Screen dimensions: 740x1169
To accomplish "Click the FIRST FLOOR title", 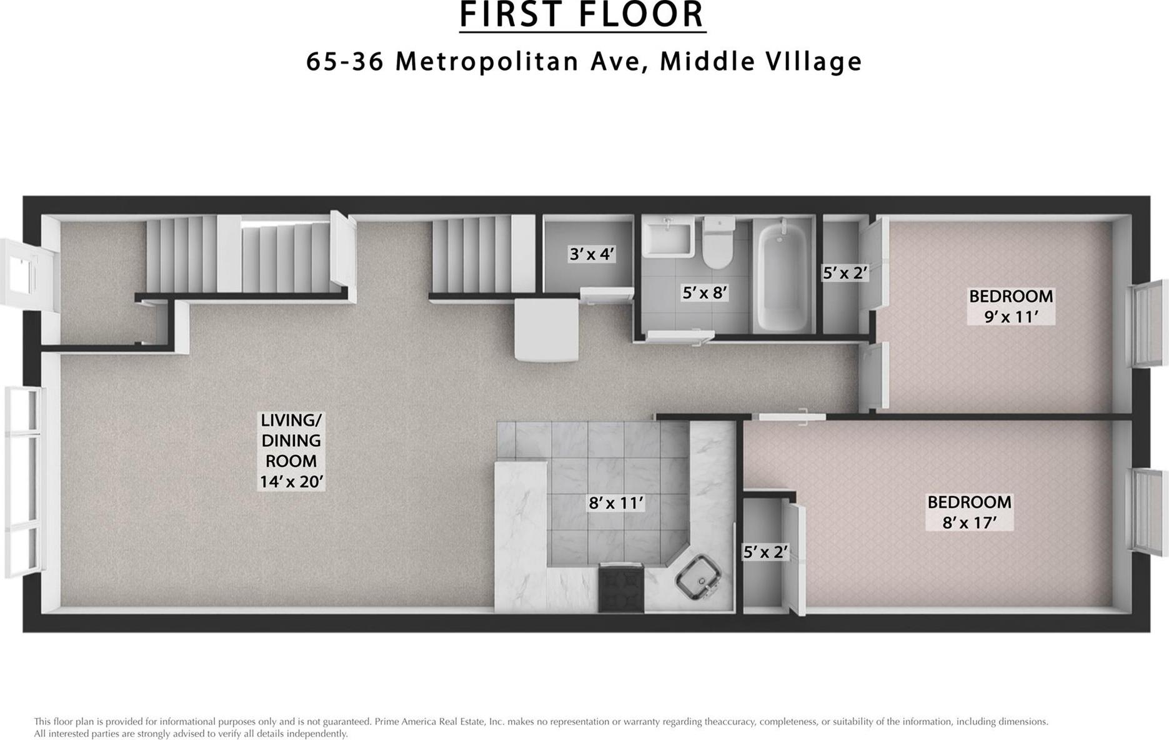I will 582,15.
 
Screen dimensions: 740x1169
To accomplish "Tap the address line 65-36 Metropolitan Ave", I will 584,61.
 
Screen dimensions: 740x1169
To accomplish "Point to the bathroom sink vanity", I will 667,237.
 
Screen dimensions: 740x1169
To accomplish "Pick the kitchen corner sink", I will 698,577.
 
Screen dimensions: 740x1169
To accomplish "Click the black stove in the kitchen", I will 620,587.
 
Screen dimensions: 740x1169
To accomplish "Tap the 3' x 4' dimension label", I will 592,254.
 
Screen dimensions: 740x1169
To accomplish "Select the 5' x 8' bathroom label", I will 705,292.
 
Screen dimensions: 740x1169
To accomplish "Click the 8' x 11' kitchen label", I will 615,502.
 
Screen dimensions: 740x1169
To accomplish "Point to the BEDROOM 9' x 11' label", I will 1010,306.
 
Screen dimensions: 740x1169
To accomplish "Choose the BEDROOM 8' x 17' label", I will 969,512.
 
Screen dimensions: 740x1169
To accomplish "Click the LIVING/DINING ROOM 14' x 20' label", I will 291,451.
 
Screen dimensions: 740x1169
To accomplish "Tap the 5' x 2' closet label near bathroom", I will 845,272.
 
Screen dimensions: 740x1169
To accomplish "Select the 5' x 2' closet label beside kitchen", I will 765,552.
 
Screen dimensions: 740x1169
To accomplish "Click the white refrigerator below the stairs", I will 546,329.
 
